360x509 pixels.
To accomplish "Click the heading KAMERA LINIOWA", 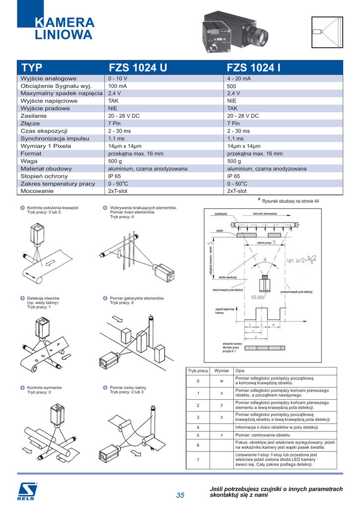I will pyautogui.click(x=64, y=29).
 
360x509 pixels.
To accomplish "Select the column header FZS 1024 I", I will pyautogui.click(x=254, y=68).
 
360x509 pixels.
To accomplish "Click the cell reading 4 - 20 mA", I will pyautogui.click(x=239, y=79).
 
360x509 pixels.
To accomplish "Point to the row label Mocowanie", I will pyautogui.click(x=37, y=191).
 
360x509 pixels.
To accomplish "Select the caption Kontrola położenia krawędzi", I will pyautogui.click(x=53, y=207).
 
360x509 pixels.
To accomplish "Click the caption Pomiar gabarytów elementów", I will pyautogui.click(x=137, y=298).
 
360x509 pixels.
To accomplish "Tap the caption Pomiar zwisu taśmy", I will pyautogui.click(x=128, y=387).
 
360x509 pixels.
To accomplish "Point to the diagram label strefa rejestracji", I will pyautogui.click(x=227, y=277).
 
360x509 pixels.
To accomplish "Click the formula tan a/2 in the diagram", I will pyautogui.click(x=301, y=259).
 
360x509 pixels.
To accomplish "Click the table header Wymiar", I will pyautogui.click(x=221, y=371).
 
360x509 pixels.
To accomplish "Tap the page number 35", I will pyautogui.click(x=180, y=495).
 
